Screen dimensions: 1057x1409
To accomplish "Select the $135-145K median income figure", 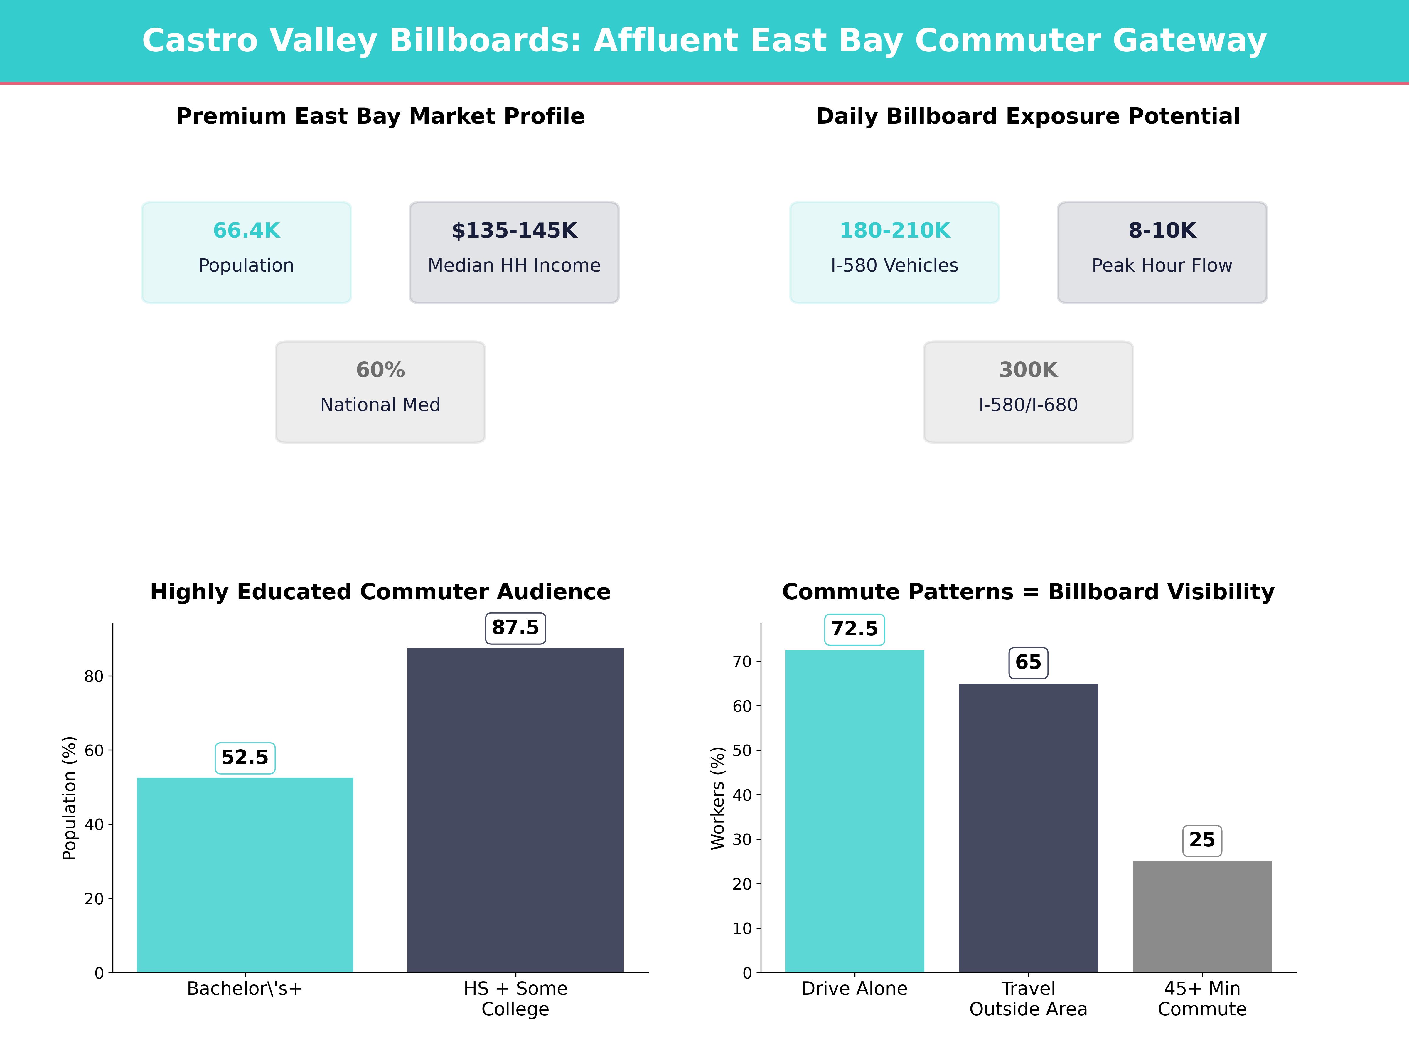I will pyautogui.click(x=514, y=231).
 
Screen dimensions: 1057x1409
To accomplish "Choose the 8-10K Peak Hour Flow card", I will pyautogui.click(x=1162, y=252).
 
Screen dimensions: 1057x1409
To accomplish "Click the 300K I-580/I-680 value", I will pyautogui.click(x=1028, y=370).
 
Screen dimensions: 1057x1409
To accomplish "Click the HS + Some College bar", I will pyautogui.click(x=515, y=809).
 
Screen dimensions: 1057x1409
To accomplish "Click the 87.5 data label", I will pyautogui.click(x=515, y=628).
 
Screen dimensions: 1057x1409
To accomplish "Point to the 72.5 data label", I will pyautogui.click(x=854, y=630).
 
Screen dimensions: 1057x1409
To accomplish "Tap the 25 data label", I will pyautogui.click(x=1202, y=840).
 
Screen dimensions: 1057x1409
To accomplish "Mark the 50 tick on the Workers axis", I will pyautogui.click(x=742, y=750).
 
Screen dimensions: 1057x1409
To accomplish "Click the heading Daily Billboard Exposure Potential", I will pyautogui.click(x=1028, y=117).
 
